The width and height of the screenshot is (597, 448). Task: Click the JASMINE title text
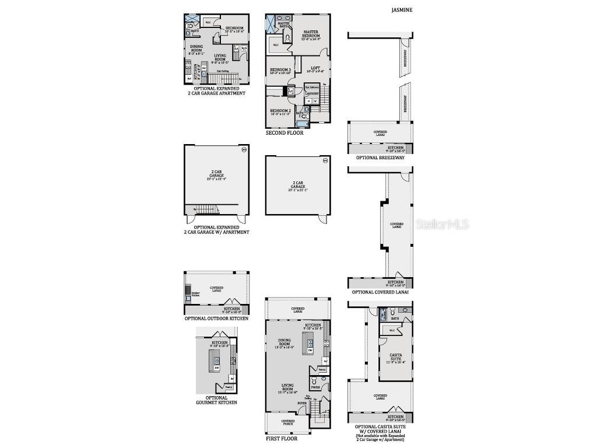tap(402, 10)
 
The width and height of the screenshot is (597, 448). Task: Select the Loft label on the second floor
tap(315, 69)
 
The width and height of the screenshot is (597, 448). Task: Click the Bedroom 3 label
tap(280, 71)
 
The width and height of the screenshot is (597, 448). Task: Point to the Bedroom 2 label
tap(280, 111)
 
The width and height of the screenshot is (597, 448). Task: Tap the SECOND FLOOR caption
tap(285, 133)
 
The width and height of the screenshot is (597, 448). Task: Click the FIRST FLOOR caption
tap(282, 438)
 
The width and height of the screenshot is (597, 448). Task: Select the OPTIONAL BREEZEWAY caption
tap(380, 157)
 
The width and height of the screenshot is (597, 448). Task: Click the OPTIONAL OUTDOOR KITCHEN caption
tap(216, 318)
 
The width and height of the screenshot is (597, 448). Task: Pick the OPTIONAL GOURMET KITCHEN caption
tap(216, 400)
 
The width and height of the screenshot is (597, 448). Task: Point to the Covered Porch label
tap(288, 422)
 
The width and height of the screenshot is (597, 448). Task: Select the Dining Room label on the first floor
tap(285, 342)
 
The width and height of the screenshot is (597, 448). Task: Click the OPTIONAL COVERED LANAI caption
tap(380, 292)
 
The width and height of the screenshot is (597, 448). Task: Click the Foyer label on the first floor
tap(302, 403)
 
